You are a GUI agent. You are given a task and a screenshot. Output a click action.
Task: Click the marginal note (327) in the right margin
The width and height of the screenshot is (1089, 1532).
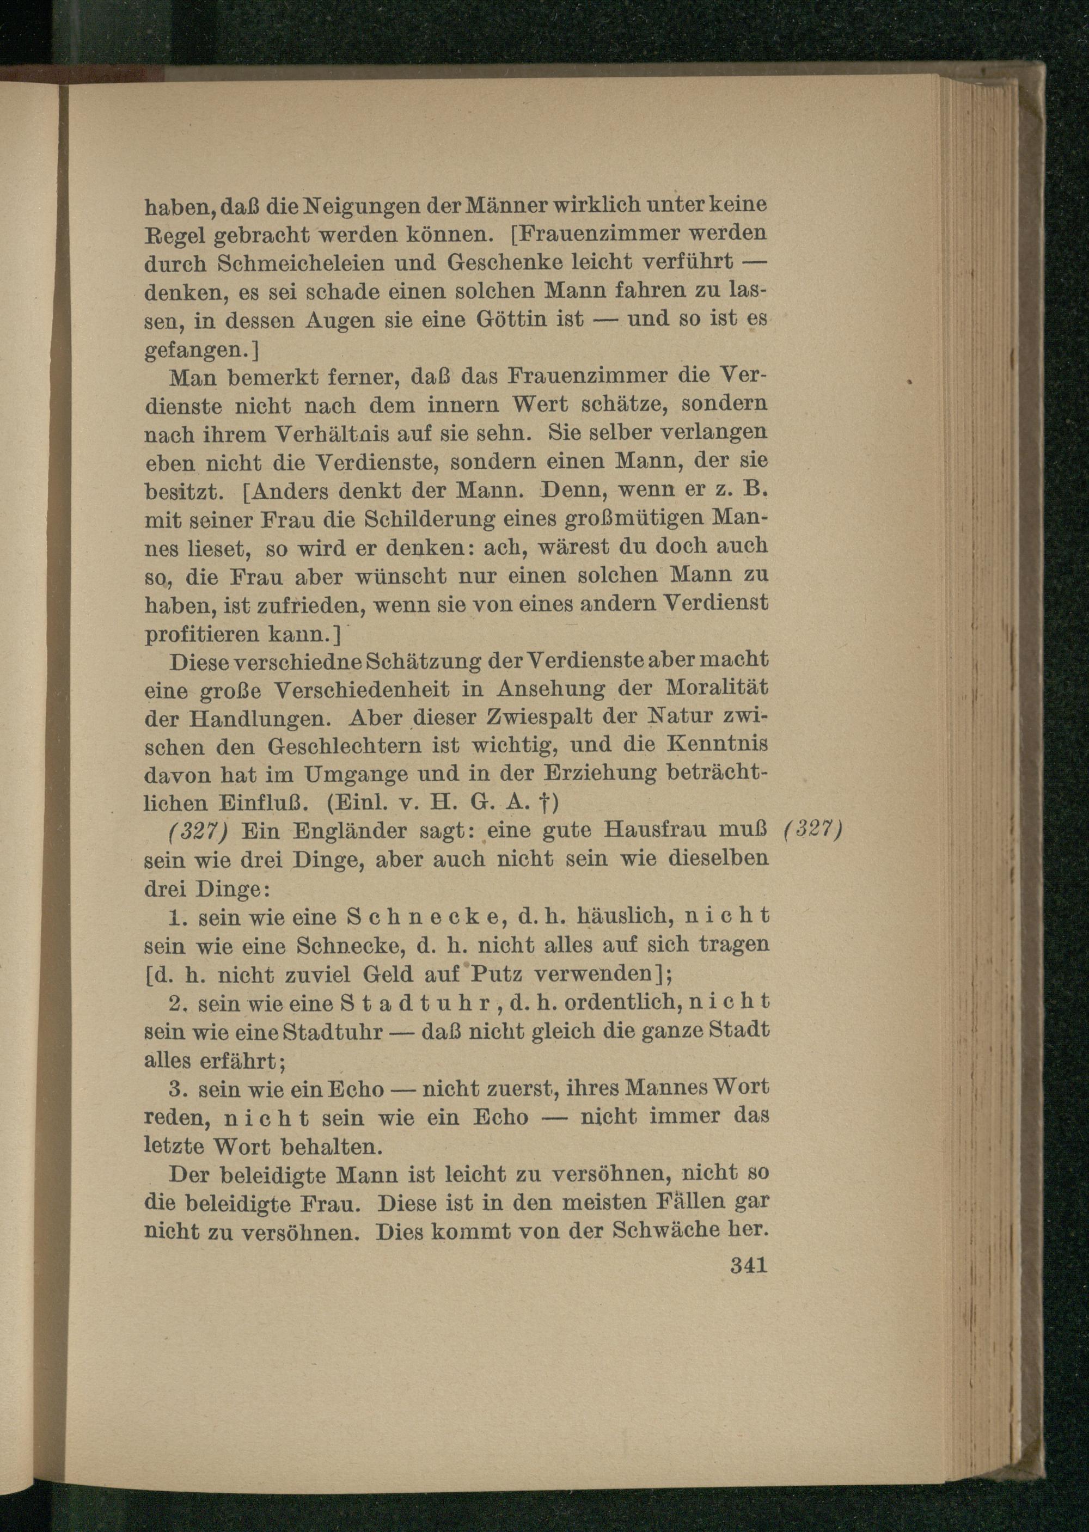pyautogui.click(x=812, y=829)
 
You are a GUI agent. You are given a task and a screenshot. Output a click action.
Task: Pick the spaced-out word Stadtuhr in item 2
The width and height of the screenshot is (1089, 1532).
pyautogui.click(x=416, y=1003)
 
